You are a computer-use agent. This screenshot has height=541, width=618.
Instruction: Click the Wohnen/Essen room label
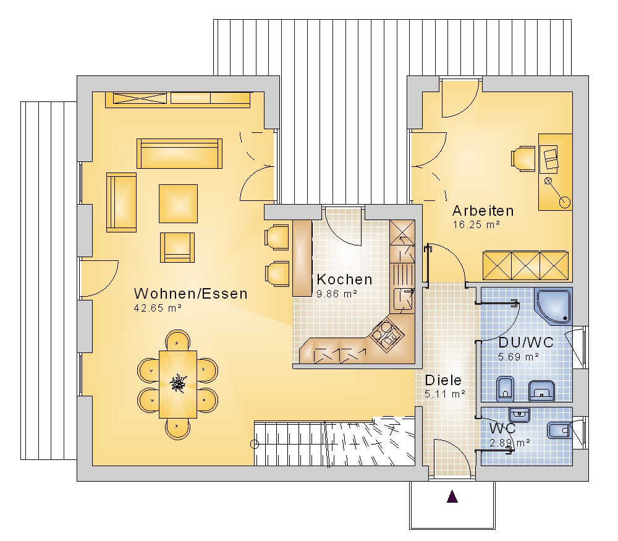click(191, 294)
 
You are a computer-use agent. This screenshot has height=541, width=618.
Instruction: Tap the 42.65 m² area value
click(158, 308)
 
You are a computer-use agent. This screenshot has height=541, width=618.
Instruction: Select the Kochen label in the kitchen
click(344, 279)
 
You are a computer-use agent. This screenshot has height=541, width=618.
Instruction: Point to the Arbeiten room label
click(483, 211)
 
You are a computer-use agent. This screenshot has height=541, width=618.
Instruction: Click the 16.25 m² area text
click(476, 225)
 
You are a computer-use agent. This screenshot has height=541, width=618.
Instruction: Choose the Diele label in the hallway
click(443, 380)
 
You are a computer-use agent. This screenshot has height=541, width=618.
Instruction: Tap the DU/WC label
click(526, 343)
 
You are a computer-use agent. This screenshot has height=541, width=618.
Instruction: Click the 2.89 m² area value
click(510, 443)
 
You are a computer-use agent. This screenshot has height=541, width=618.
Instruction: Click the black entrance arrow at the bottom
click(452, 496)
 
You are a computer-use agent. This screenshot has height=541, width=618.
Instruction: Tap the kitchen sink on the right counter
click(404, 300)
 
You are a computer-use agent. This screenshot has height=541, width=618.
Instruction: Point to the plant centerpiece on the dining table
click(178, 383)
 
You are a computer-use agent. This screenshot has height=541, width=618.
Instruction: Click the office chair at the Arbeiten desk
click(523, 159)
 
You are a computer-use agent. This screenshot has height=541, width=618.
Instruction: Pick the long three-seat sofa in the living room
click(180, 153)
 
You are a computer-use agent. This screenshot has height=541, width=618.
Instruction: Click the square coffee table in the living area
click(178, 203)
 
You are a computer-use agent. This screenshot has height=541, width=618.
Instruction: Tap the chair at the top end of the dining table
click(177, 340)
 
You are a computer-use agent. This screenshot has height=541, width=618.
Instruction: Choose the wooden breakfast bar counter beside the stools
click(302, 258)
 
